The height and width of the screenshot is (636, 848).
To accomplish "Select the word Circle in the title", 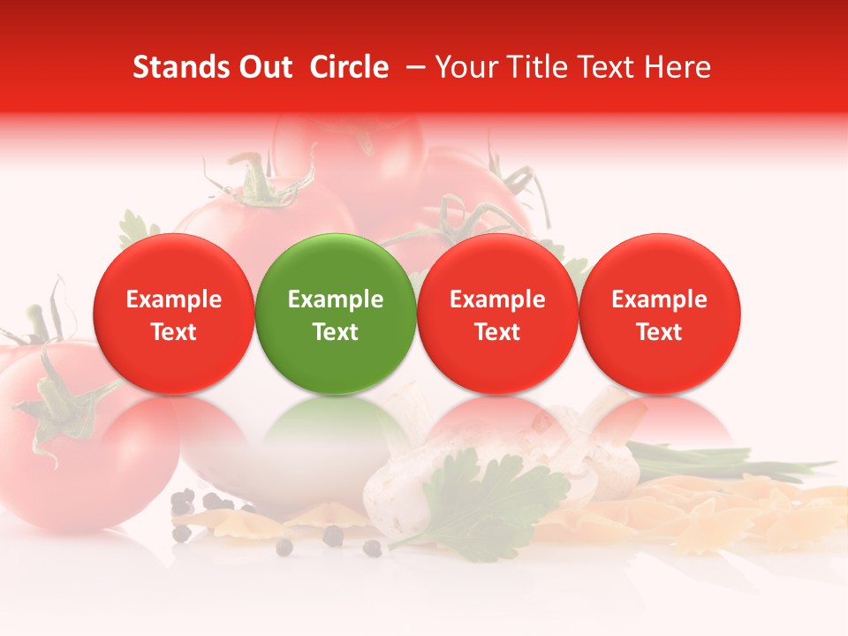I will [x=349, y=67].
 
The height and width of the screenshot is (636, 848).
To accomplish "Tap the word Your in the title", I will [x=466, y=67].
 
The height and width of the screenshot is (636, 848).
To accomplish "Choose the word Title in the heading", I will [x=534, y=67].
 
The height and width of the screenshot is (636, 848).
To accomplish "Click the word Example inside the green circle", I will [x=336, y=299].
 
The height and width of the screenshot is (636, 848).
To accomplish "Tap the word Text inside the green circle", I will [x=336, y=332].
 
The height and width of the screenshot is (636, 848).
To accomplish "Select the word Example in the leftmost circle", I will [x=173, y=299].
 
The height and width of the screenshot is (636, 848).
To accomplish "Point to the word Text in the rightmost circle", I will [x=660, y=332].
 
